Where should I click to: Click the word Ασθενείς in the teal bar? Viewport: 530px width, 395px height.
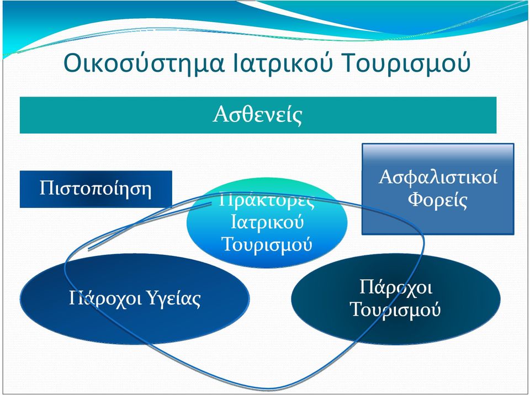coord(257,115)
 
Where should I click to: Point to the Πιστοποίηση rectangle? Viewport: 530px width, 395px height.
coord(96,189)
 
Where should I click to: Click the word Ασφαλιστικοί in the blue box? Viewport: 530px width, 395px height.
coord(438,177)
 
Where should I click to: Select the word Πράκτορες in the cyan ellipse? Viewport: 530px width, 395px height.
coord(267,200)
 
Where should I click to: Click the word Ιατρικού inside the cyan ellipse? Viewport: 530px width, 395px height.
coord(267,222)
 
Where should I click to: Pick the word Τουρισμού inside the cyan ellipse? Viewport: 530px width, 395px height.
coord(267,244)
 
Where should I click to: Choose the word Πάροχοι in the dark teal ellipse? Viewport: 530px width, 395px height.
coord(396,287)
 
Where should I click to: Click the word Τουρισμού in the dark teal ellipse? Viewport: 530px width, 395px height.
coord(396,309)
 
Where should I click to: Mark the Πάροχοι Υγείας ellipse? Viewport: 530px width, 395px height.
coord(135,299)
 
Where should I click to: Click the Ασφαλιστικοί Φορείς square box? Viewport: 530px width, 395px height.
coord(438,189)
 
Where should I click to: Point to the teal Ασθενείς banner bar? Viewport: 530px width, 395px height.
coord(258,115)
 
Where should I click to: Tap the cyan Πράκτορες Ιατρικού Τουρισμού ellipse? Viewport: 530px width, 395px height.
coord(267,223)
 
